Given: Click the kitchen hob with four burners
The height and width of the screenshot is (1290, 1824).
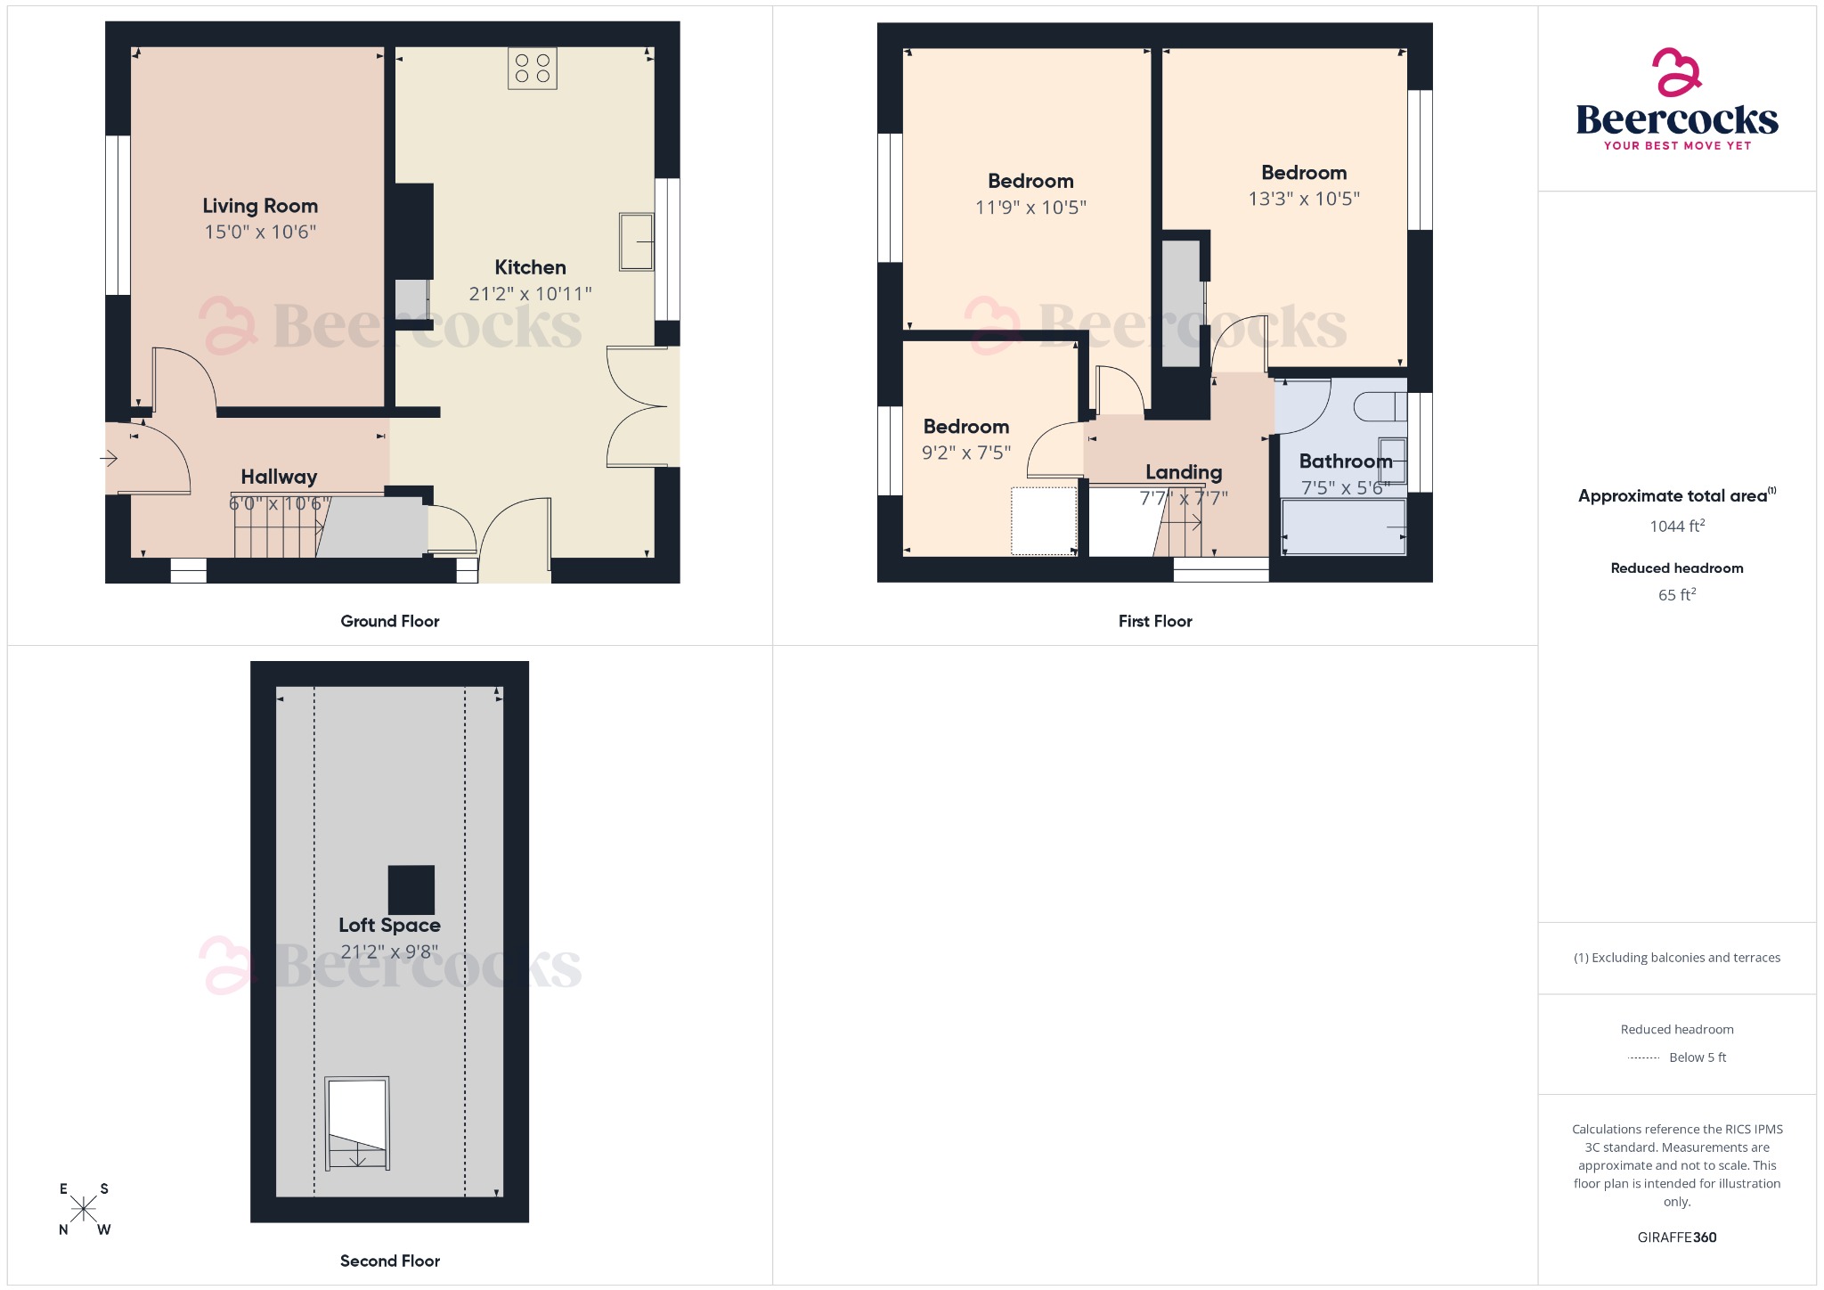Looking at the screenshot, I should click(533, 69).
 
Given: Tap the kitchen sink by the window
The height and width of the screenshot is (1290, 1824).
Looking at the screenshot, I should click(636, 241).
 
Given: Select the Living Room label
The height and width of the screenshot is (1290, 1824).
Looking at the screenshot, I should click(260, 206).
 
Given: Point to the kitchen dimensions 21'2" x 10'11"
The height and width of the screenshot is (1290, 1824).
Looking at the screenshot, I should click(530, 293).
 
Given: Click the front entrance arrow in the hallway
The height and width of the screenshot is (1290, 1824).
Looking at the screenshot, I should click(109, 459).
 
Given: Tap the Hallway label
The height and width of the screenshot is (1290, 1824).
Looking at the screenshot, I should click(279, 477).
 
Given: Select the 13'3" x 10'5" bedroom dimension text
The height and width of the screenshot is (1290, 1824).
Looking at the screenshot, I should click(1304, 199).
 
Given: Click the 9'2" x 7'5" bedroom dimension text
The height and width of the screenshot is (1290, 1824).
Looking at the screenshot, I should click(966, 453).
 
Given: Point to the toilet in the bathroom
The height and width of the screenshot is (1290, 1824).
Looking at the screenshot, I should click(1380, 407).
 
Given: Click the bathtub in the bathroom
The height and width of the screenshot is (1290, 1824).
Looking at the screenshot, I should click(1343, 527).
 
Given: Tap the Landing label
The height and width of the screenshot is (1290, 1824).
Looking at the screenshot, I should click(1184, 472).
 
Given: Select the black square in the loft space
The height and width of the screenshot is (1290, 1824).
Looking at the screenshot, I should click(411, 890).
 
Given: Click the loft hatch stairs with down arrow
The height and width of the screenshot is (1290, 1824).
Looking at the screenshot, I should click(357, 1123).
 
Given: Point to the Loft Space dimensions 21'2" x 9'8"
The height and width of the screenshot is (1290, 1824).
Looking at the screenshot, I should click(389, 951).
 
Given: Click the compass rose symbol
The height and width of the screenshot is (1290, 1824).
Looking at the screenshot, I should click(84, 1209).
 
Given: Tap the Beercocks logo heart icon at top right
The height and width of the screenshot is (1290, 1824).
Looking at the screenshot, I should click(1675, 72).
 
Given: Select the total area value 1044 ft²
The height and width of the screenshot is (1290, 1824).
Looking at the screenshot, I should click(1677, 527).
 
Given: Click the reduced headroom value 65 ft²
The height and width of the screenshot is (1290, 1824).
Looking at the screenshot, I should click(1677, 595).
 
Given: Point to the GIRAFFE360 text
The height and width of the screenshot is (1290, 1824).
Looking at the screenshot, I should click(1677, 1237).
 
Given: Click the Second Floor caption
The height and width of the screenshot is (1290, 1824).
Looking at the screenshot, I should click(390, 1261).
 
